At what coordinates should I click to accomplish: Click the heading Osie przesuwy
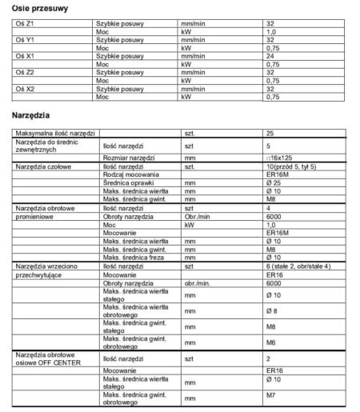(x=39, y=7)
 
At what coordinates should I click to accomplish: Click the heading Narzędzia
(x=33, y=116)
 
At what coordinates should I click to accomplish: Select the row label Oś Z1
(x=25, y=24)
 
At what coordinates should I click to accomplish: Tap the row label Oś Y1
(x=26, y=39)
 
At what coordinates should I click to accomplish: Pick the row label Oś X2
(x=25, y=90)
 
